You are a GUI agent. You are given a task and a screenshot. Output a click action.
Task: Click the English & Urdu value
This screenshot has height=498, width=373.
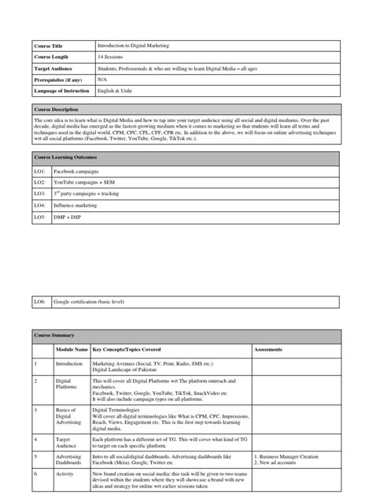113,91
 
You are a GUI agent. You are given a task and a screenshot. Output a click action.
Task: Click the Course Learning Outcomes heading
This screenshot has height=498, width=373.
67,158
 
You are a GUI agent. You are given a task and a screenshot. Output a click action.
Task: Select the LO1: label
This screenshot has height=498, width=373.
40,170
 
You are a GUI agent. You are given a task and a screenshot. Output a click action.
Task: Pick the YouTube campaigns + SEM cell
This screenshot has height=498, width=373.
84,181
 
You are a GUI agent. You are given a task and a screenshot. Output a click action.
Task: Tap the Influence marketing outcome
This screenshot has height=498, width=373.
76,204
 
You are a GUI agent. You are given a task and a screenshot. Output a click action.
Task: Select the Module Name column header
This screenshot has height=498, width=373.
71,349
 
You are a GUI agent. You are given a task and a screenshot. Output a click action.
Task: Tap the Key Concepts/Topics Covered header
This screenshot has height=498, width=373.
133,349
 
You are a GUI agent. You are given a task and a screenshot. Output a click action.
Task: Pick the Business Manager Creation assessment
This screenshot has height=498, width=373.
289,456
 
